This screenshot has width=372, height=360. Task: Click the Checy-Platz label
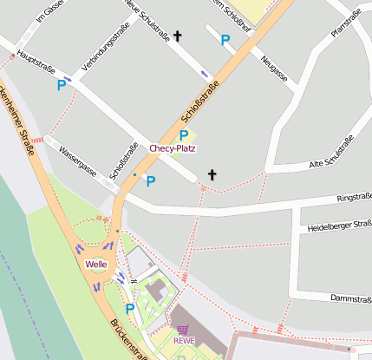pos(173,148)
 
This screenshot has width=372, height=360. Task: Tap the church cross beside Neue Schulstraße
pos(179,36)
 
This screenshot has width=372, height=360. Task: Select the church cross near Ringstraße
pos(211,175)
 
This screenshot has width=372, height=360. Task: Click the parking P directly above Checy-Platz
pos(183,134)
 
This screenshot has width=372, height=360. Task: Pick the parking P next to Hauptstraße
pos(62,85)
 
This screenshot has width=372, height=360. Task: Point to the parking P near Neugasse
pos(225,40)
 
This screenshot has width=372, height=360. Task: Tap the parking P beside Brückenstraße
pos(130,308)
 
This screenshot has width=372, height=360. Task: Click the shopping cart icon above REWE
pos(183,330)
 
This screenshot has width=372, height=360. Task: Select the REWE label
pos(184,340)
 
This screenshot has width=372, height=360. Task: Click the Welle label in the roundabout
pos(95,263)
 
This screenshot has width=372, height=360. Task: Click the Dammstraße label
pos(350,298)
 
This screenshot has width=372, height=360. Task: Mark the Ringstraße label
pos(354,198)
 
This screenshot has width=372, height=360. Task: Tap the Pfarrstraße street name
pos(345,23)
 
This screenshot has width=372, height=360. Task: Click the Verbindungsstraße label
pos(105,49)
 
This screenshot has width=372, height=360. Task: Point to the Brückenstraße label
pos(127,339)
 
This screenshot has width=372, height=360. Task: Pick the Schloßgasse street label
pos(124,161)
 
